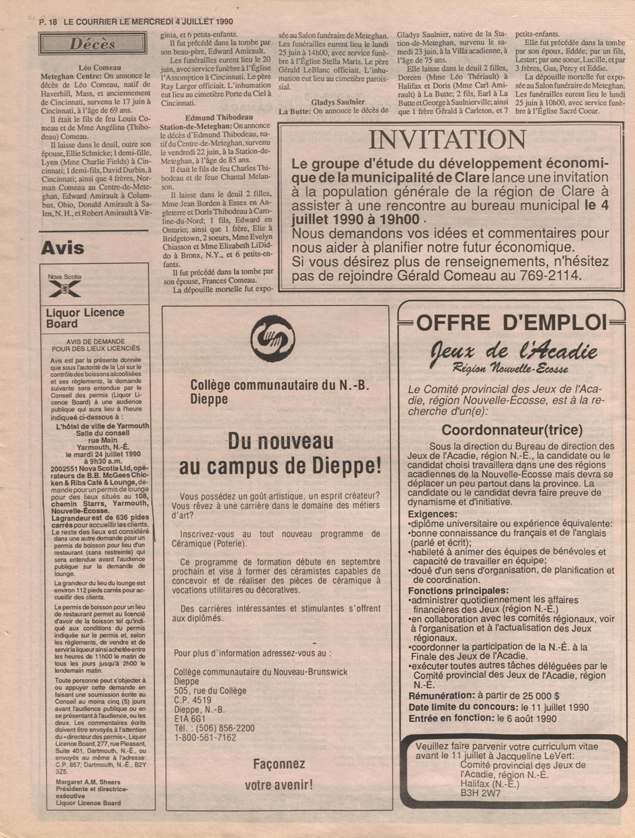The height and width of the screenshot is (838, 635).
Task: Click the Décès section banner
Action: click(x=93, y=43)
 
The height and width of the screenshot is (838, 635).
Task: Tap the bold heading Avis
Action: click(x=63, y=248)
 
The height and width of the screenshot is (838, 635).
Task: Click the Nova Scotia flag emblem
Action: click(x=64, y=288)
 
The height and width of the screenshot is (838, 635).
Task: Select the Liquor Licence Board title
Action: click(x=84, y=318)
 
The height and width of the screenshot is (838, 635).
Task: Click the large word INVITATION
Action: click(x=447, y=139)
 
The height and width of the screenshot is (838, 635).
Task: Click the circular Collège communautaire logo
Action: click(x=273, y=338)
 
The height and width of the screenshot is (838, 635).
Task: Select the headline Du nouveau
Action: click(x=280, y=441)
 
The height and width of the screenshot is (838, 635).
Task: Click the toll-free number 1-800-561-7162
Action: click(x=205, y=737)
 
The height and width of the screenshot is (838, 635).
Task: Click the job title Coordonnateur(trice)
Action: click(x=512, y=430)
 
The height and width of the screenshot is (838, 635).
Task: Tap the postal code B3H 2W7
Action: click(x=481, y=793)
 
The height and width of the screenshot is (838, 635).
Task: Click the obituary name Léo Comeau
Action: click(x=99, y=68)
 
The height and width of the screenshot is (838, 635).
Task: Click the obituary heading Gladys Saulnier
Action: click(x=338, y=102)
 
